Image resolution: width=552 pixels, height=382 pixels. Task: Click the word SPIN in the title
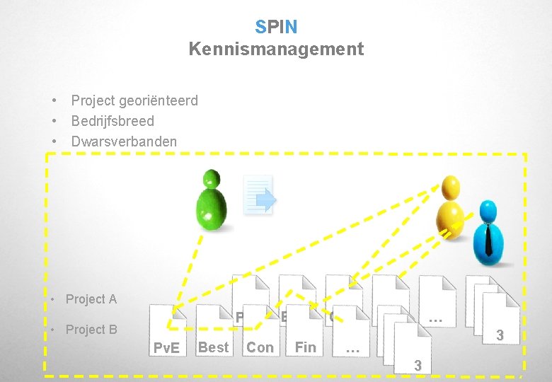pos(276,27)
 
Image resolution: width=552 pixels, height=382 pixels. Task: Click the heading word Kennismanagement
pos(276,49)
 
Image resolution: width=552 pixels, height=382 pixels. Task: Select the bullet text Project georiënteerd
pos(134,100)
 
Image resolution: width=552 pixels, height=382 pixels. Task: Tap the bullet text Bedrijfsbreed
pos(113,121)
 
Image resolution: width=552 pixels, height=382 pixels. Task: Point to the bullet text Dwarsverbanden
pos(124,141)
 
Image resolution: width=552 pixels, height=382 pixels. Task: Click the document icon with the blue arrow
pos(258,195)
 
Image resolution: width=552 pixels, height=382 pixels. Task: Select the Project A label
pos(91,299)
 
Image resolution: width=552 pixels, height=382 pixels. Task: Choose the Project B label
pos(91,330)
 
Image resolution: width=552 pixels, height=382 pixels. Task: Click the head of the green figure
pos(212,179)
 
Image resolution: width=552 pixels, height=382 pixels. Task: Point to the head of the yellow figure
pos(450,187)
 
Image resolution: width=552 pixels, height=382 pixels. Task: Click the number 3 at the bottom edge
pos(418,366)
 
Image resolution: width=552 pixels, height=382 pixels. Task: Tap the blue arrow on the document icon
pos(265,202)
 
